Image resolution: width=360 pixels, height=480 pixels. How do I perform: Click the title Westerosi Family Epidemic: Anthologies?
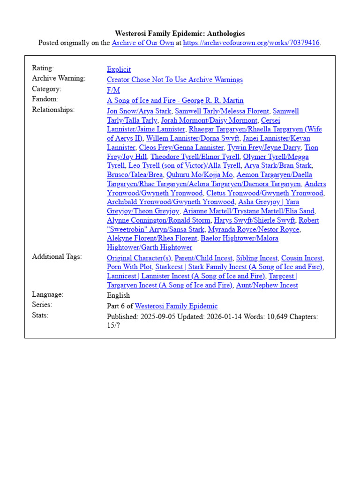coord(180,34)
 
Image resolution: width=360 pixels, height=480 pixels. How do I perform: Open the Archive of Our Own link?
coord(142,43)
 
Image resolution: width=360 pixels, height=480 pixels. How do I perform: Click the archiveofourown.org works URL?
coord(251,43)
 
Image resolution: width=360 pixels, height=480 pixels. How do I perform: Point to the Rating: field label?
coord(43,68)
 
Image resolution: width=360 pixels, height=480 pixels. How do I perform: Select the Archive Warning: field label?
coord(59,78)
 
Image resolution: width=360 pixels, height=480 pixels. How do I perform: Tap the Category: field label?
coord(46,89)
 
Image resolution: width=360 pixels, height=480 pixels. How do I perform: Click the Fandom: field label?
coord(45,99)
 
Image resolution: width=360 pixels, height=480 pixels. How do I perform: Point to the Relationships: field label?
coord(53,110)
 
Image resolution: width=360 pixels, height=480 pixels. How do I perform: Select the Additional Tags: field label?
coord(57,257)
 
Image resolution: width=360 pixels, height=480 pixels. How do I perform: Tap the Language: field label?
coord(48,294)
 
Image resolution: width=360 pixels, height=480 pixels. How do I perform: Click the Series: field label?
coord(42,305)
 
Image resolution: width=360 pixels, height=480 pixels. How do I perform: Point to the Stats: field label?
coord(40,315)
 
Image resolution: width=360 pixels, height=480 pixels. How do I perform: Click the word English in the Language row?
coord(119,296)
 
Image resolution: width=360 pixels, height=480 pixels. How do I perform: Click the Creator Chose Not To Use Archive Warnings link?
coord(175,80)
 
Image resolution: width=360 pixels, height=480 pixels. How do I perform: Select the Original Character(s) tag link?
coord(139,258)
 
